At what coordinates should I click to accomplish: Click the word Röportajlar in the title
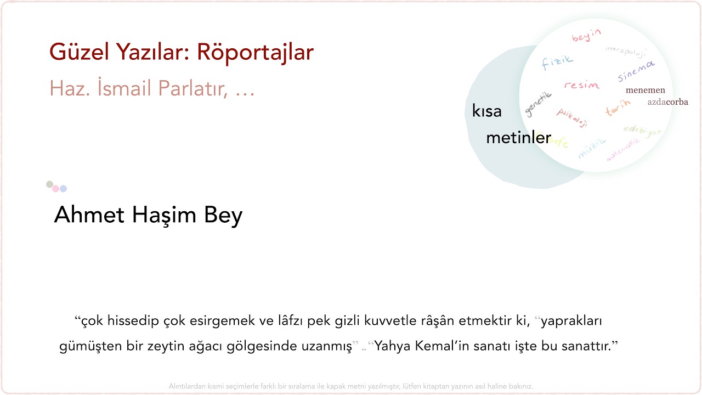pyautogui.click(x=255, y=52)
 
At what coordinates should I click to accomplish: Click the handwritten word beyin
pyautogui.click(x=586, y=36)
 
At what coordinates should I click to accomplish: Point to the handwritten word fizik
pyautogui.click(x=557, y=62)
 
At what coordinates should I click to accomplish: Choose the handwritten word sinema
pyautogui.click(x=636, y=71)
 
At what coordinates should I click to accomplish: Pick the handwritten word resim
pyautogui.click(x=581, y=85)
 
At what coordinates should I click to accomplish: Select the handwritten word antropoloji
pyautogui.click(x=626, y=51)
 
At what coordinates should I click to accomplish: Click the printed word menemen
pyautogui.click(x=645, y=91)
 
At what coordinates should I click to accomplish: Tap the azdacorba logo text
pyautogui.click(x=667, y=102)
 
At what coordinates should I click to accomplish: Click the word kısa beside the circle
pyautogui.click(x=487, y=111)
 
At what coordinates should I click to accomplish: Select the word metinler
pyautogui.click(x=518, y=138)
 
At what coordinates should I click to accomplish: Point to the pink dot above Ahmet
pyautogui.click(x=55, y=189)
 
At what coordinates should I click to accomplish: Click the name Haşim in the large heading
pyautogui.click(x=163, y=215)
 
